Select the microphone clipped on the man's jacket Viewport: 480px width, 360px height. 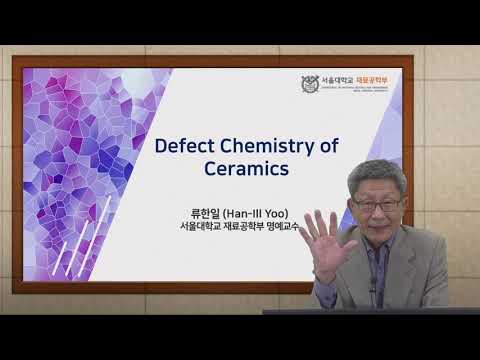click(x=372, y=291)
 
